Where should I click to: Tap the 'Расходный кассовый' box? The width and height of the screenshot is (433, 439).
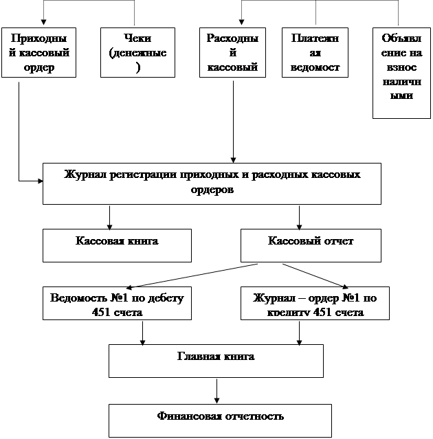232,52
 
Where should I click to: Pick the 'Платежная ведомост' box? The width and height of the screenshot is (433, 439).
315,52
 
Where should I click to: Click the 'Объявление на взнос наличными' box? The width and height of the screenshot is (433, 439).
401,72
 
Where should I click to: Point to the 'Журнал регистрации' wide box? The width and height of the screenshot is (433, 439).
212,183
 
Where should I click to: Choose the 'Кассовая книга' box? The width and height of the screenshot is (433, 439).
117,245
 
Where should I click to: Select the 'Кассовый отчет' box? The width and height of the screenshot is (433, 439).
311,245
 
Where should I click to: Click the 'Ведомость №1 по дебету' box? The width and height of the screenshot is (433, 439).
117,303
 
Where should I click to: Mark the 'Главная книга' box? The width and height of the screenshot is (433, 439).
216,360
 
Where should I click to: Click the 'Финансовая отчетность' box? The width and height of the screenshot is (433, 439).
220,420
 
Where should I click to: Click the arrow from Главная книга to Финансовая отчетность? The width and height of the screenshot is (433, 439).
217,390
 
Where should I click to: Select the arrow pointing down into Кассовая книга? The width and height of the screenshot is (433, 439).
109,216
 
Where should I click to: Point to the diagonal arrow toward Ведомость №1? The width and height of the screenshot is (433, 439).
192,275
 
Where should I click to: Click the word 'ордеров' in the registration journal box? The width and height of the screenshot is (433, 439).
212,190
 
